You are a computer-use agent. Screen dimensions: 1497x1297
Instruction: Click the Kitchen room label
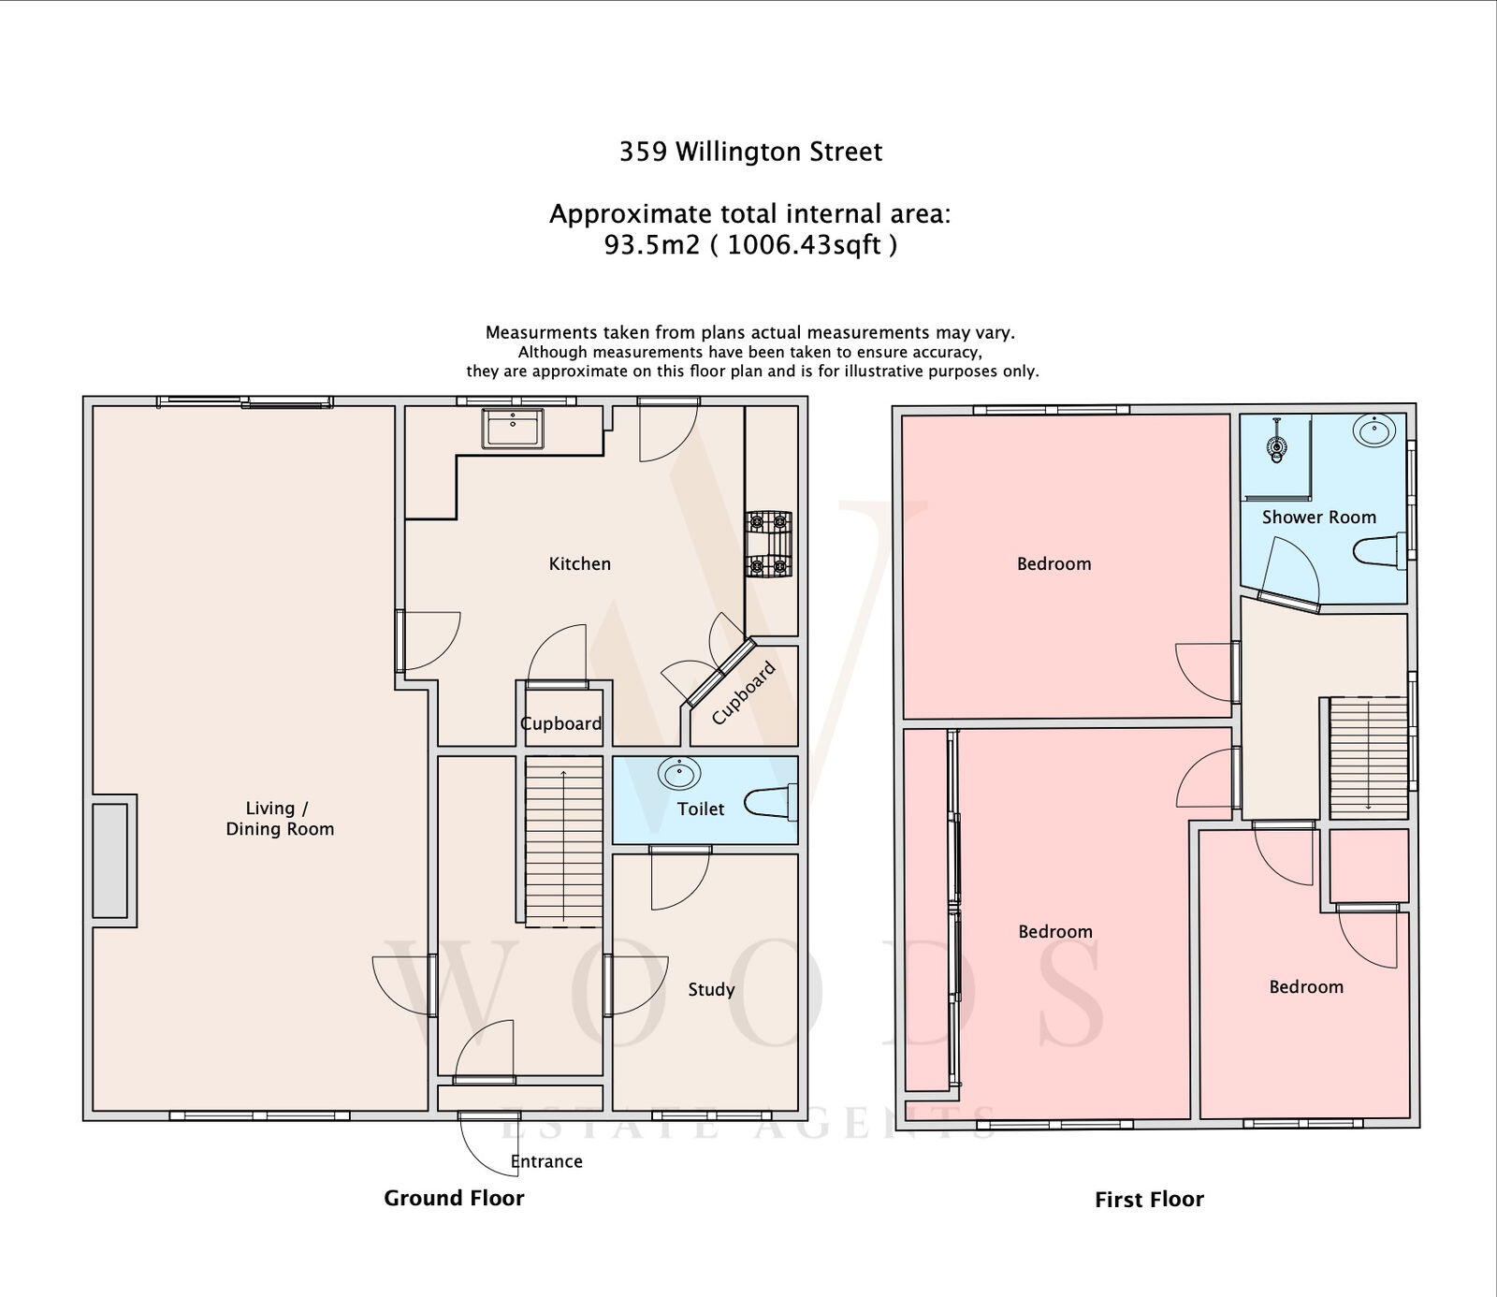[x=579, y=563]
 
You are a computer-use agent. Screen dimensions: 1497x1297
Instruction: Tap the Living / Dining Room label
[x=280, y=819]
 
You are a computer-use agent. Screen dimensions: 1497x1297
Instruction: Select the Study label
[x=711, y=989]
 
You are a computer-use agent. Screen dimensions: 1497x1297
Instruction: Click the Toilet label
[x=700, y=809]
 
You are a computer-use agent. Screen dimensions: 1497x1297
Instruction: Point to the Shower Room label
[x=1318, y=517]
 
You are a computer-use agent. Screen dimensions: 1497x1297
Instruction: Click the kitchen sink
[x=513, y=429]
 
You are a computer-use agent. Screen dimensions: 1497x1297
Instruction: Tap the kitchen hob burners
[x=768, y=544]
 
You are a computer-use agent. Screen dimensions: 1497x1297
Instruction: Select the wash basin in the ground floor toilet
[x=679, y=774]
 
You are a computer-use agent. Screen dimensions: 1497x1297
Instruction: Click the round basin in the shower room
[x=1373, y=432]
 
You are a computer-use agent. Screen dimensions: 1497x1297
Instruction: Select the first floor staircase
[x=1369, y=757]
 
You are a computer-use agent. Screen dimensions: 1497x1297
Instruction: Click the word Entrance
[x=546, y=1161]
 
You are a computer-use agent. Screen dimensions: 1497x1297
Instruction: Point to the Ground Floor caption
[x=454, y=1198]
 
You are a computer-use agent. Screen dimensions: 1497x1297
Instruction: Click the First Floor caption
[x=1149, y=1199]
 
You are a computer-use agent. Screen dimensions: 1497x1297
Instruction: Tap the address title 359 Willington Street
[x=750, y=152]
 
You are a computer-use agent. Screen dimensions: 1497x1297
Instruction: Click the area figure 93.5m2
[x=652, y=245]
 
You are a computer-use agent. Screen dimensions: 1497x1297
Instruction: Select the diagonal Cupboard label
[x=744, y=693]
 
